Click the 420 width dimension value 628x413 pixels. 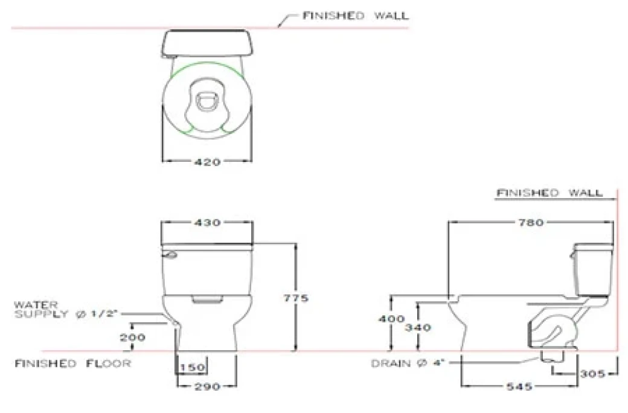tap(207, 162)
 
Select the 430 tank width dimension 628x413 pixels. tap(207, 223)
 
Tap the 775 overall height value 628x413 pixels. tap(300, 298)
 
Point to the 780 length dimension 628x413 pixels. tap(532, 223)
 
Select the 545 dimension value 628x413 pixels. tap(519, 385)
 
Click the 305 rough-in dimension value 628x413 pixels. tap(594, 374)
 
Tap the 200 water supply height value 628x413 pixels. tap(133, 338)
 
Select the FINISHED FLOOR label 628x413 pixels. tap(73, 363)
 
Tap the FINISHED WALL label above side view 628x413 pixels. tap(549, 193)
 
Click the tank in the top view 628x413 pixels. tap(207, 43)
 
